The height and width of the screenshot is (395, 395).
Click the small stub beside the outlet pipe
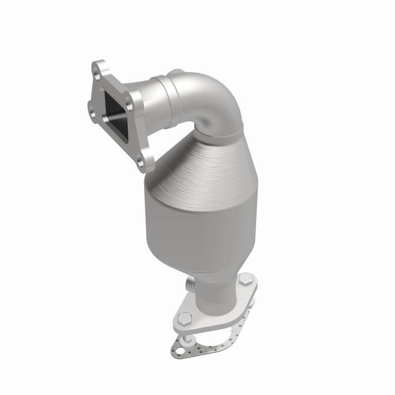pos(190,284)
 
